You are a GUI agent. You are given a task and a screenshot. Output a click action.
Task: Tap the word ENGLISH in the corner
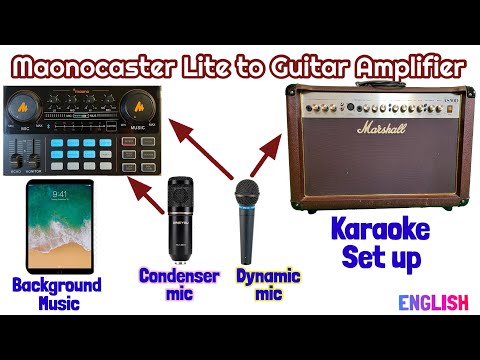point(434,302)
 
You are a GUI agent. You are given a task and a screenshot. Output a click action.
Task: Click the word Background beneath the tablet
point(57,285)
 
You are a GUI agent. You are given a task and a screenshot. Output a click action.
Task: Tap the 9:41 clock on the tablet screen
point(59,194)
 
